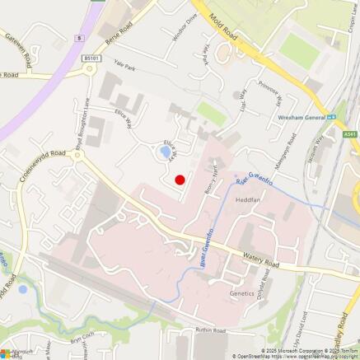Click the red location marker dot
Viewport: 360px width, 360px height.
(x=180, y=180)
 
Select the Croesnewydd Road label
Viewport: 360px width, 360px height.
(x=45, y=164)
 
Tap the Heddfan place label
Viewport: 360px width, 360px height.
(x=248, y=200)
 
